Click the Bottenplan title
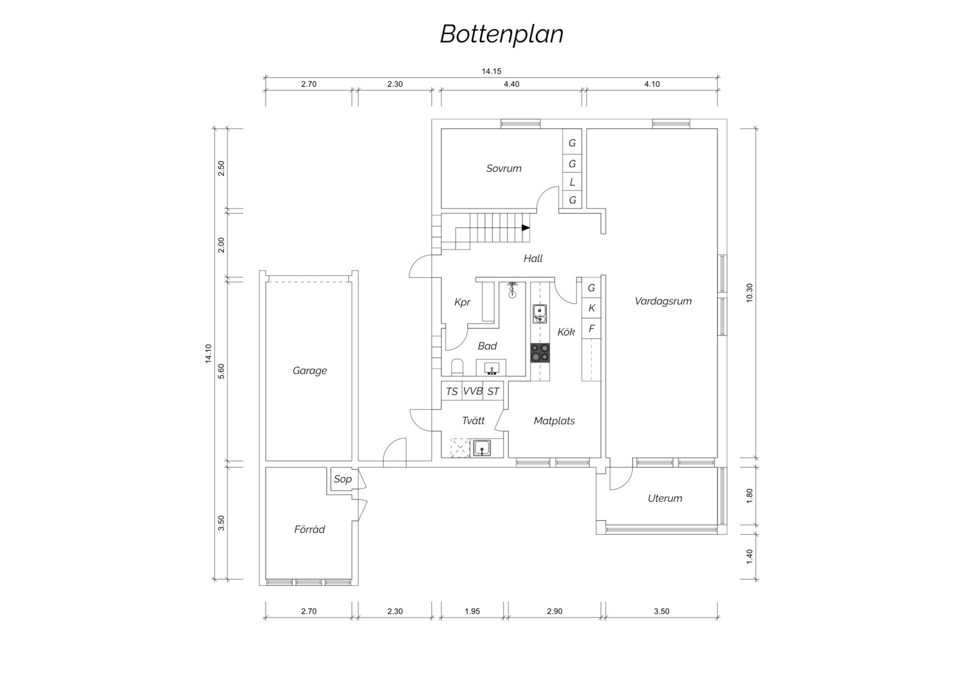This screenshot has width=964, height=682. [x=502, y=35]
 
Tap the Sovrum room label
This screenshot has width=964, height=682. [x=503, y=169]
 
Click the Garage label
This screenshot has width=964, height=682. [x=309, y=371]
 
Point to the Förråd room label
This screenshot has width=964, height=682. [x=309, y=529]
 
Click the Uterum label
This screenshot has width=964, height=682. [x=665, y=498]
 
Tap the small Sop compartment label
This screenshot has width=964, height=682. [x=343, y=479]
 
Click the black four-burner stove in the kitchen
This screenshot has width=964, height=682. [x=540, y=352]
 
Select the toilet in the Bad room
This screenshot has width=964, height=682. [x=457, y=367]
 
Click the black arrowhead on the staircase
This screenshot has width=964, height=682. [x=526, y=227]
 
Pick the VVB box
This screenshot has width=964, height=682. [x=473, y=391]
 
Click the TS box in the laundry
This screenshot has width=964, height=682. [x=452, y=391]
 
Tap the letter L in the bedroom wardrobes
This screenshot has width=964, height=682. [x=572, y=182]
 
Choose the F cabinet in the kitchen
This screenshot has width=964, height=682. [x=591, y=329]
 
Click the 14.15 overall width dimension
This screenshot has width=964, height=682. [x=491, y=71]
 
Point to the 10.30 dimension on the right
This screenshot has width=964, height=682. [x=749, y=293]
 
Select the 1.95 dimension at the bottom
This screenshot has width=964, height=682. [x=472, y=611]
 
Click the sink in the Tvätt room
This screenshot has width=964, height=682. [x=482, y=448]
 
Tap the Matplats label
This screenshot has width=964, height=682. [x=555, y=421]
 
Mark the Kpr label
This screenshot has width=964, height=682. [x=462, y=302]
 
